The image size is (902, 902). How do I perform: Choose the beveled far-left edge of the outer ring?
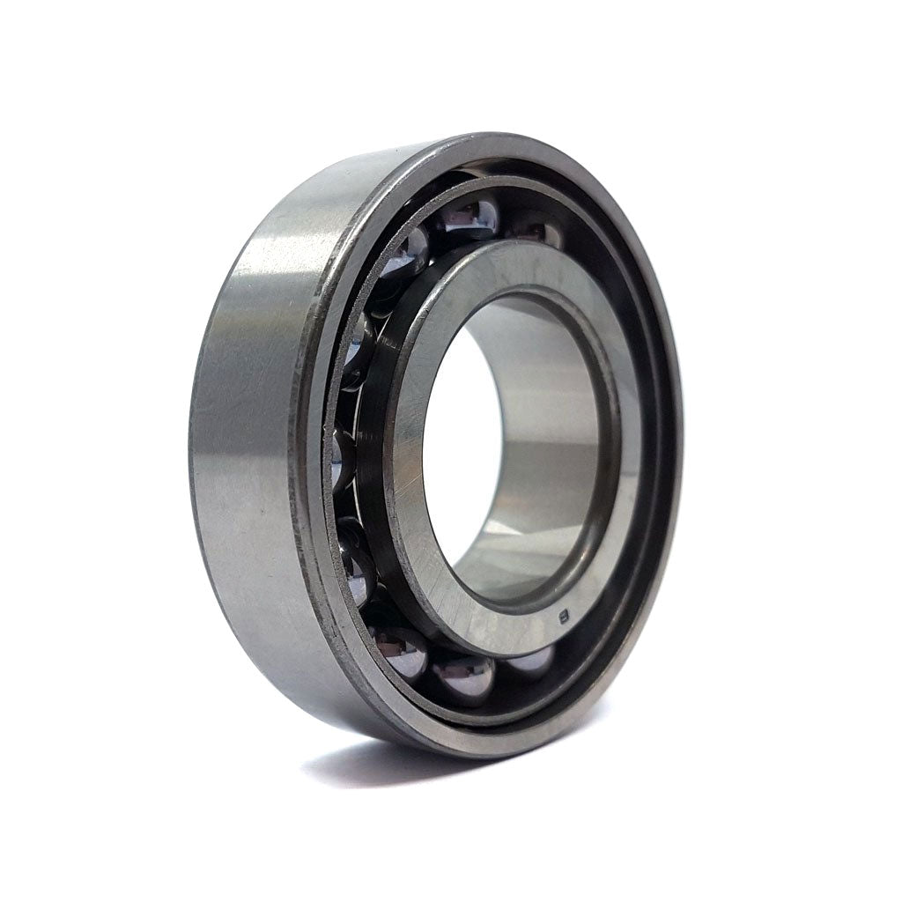[196, 458]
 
